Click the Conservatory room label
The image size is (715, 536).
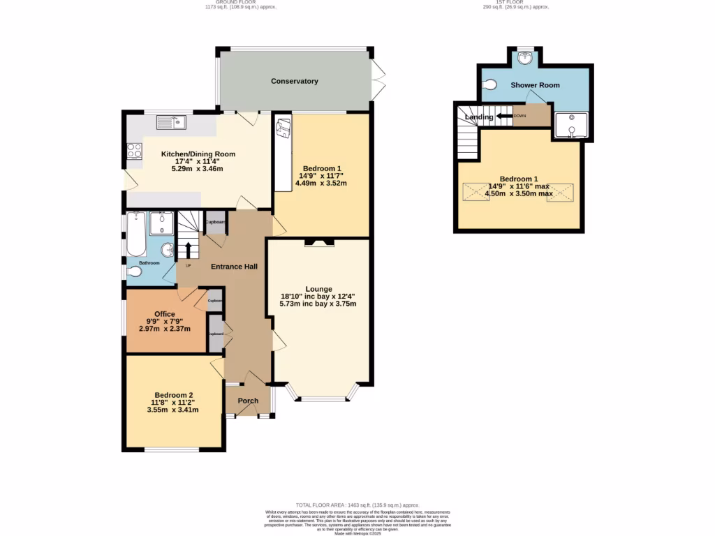pyautogui.click(x=295, y=82)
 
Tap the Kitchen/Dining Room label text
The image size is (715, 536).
pyautogui.click(x=198, y=154)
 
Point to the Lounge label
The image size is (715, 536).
pyautogui.click(x=318, y=289)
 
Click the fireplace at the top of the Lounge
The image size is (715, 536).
pyautogui.click(x=318, y=243)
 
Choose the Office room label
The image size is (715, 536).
pyautogui.click(x=164, y=314)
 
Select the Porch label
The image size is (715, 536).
pyautogui.click(x=248, y=401)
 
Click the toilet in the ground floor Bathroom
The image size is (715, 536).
pyautogui.click(x=135, y=272)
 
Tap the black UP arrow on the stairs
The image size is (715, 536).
pyautogui.click(x=188, y=249)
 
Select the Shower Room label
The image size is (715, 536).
pyautogui.click(x=535, y=85)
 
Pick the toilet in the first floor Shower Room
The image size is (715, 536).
pyautogui.click(x=490, y=84)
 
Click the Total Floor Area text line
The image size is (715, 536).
pyautogui.click(x=357, y=505)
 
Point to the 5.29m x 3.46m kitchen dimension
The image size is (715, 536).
pyautogui.click(x=198, y=169)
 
